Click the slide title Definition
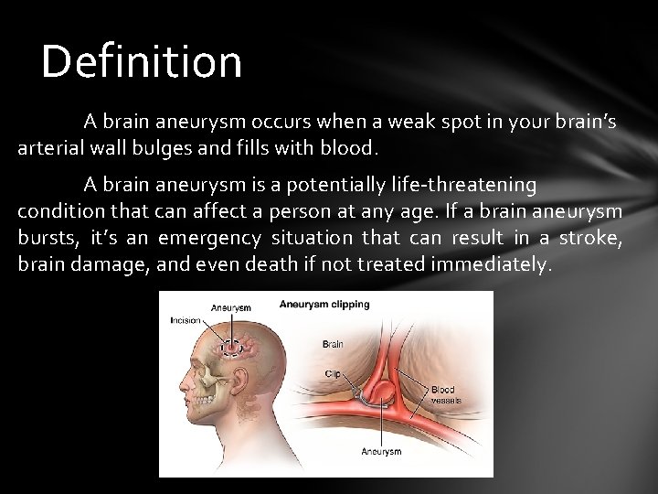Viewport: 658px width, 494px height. click(142, 62)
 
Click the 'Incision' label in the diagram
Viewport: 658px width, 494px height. click(186, 320)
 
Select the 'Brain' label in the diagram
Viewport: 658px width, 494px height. click(333, 344)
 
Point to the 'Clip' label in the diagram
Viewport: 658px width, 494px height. click(333, 373)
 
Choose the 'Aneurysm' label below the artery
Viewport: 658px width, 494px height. click(381, 451)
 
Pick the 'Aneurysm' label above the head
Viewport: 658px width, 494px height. click(231, 307)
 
